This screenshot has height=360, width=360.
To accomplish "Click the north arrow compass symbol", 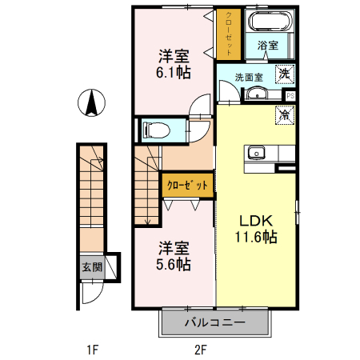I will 93,104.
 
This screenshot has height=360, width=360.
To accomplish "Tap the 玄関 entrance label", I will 91,267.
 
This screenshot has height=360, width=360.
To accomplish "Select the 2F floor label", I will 200,349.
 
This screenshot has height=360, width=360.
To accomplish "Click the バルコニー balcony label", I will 214,323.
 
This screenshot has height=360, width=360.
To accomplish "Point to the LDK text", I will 256,221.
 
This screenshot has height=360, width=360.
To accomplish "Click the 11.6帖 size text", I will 256,237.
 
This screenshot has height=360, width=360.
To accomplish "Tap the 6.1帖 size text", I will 173,72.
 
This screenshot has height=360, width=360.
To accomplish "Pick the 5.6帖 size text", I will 173,263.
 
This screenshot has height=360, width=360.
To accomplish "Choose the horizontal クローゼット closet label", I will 187,185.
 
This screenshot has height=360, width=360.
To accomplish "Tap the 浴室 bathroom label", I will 268,46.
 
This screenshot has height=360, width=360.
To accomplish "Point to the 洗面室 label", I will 248,78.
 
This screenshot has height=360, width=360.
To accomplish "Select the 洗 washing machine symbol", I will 284,74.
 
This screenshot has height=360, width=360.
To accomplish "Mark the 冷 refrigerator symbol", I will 284,114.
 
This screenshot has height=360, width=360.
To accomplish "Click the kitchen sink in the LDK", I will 258,152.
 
